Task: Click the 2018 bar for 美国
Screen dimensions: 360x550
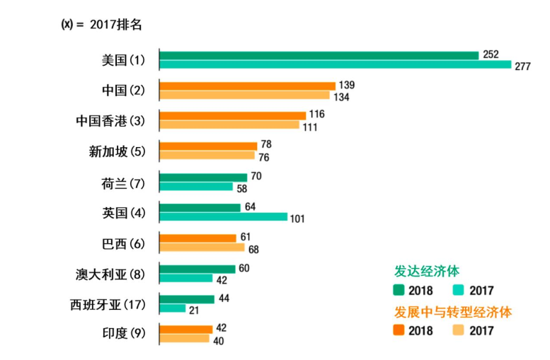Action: pos(319,55)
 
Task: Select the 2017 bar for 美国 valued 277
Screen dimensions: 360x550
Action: pos(335,65)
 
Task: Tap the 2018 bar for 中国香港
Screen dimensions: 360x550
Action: pos(232,115)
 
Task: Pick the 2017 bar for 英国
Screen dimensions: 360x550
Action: pos(223,216)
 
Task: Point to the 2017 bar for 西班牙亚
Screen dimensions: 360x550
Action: pos(173,308)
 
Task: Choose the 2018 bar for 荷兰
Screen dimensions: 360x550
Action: pos(203,177)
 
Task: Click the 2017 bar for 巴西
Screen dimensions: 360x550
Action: pos(202,248)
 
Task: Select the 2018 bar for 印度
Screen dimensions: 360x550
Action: pos(185,329)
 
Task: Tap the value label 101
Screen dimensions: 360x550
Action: pos(297,218)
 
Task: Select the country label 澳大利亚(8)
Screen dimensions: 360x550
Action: pos(110,273)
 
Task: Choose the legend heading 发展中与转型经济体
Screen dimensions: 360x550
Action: pos(452,311)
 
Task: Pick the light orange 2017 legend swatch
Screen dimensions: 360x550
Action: pos(458,330)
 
